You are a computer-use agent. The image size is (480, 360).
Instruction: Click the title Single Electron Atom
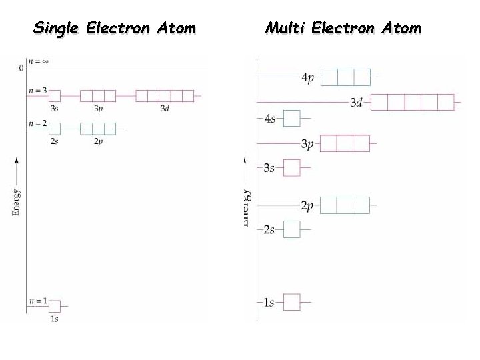[x=115, y=28]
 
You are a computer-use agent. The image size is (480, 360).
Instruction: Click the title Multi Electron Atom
[x=343, y=28]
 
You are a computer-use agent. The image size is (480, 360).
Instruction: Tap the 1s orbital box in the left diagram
[x=55, y=306]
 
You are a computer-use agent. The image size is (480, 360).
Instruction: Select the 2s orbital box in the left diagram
[x=55, y=128]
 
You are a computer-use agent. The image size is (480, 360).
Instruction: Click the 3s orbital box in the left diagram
[x=55, y=96]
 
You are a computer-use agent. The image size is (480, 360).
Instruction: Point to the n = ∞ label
[x=38, y=61]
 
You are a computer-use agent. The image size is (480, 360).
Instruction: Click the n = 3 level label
[x=37, y=90]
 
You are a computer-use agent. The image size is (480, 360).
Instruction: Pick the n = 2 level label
[x=37, y=123]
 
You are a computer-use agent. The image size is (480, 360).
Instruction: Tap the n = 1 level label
[x=37, y=301]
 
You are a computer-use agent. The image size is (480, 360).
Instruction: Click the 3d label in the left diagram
[x=165, y=108]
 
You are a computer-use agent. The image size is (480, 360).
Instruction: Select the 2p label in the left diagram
[x=98, y=141]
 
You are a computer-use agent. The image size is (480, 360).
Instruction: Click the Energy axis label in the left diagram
[x=16, y=202]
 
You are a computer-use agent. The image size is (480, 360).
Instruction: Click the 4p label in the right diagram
[x=308, y=78]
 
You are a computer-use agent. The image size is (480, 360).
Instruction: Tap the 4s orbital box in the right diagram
[x=292, y=119]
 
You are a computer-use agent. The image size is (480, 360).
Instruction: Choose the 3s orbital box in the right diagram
[x=292, y=167]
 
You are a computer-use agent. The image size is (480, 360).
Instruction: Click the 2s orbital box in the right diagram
[x=292, y=229]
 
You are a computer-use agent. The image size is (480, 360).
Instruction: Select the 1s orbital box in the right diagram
[x=292, y=302]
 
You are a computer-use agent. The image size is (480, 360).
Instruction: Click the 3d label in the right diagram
[x=356, y=103]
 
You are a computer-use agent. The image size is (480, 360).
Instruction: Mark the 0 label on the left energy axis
[x=21, y=67]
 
